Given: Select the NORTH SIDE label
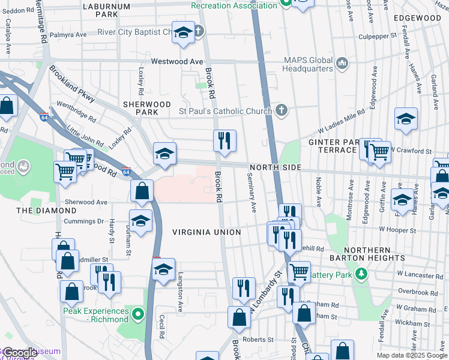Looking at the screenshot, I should [x=275, y=167].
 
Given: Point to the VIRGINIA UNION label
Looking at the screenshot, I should [x=206, y=232].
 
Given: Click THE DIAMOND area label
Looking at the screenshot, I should [x=46, y=211].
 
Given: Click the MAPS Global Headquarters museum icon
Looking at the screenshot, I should [x=342, y=62].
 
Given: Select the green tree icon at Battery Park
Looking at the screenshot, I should [x=361, y=274].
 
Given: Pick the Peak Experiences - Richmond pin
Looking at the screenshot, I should [x=139, y=314].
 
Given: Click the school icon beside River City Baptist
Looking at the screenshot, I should [x=182, y=33].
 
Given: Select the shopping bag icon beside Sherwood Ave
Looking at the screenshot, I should [x=142, y=191].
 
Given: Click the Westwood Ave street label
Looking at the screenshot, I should [x=177, y=61].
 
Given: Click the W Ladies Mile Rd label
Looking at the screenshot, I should [x=341, y=122].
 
